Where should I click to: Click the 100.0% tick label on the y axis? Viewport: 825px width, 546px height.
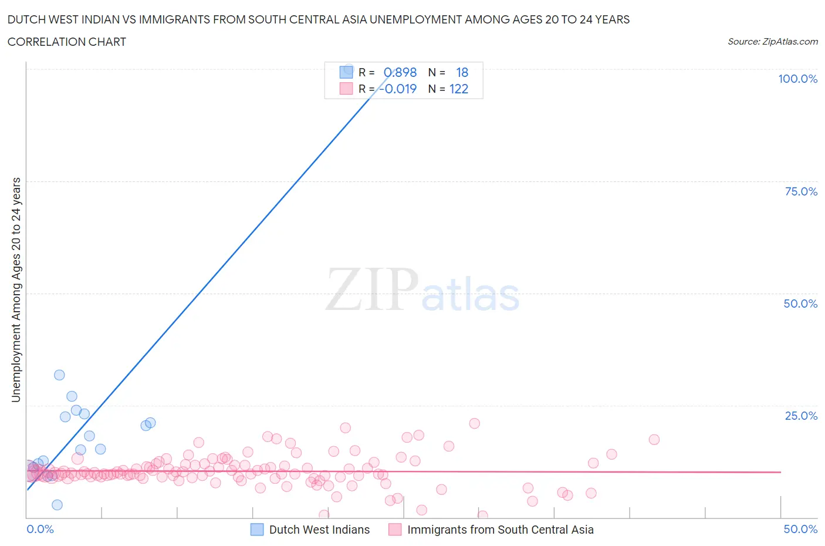[797, 79]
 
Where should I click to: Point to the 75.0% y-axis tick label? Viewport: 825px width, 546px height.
[801, 191]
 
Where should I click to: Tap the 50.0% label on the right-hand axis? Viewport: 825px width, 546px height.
[800, 304]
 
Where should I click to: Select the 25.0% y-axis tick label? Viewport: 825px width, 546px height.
[801, 416]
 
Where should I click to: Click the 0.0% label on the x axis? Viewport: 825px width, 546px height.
[40, 529]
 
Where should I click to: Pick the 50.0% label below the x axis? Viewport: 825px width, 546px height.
[800, 529]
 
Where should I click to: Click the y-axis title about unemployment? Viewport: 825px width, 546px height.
[16, 290]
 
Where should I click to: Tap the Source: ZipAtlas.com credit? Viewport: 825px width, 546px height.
[772, 41]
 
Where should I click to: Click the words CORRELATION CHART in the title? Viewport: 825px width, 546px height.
[67, 42]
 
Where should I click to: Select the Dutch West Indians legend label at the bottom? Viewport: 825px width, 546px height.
[319, 530]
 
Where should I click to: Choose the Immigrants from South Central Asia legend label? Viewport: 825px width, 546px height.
[500, 530]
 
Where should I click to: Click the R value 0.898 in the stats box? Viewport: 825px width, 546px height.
[400, 72]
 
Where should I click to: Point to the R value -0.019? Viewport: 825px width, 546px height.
[398, 89]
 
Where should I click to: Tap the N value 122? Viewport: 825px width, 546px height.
[459, 89]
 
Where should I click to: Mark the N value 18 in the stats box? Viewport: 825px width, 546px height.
[462, 72]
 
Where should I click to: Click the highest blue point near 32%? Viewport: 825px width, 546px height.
[59, 375]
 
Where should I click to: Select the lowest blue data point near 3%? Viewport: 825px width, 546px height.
[57, 505]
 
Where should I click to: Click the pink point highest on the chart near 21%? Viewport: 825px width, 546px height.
[475, 423]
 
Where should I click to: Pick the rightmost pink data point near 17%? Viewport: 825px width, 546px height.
[654, 439]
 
